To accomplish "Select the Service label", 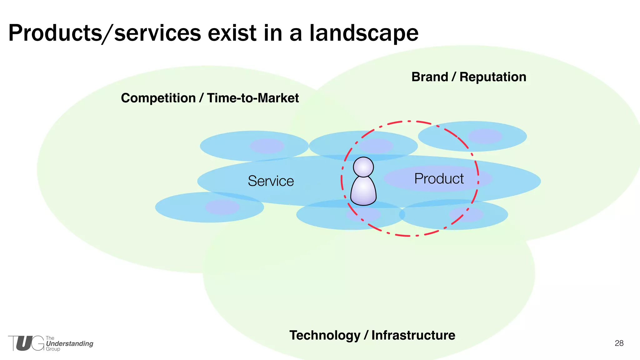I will [x=271, y=181].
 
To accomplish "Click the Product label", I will [x=439, y=179].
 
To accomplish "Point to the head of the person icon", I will [x=363, y=167].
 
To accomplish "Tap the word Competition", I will [x=158, y=98].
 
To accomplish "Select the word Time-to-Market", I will [x=253, y=98].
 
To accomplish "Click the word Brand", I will [x=430, y=77].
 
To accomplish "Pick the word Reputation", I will [x=493, y=77].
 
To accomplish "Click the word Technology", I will [x=325, y=335].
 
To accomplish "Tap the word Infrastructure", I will [x=413, y=335].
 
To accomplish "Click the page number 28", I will [x=619, y=343].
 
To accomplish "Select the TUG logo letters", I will [x=26, y=343].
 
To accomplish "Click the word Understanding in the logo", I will [x=69, y=344].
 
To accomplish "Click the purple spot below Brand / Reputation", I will [x=485, y=136].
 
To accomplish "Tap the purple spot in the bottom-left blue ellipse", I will [x=222, y=207].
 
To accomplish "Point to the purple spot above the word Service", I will [x=267, y=146].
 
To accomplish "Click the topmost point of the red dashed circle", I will [x=409, y=121].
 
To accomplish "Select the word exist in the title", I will [x=232, y=33].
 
